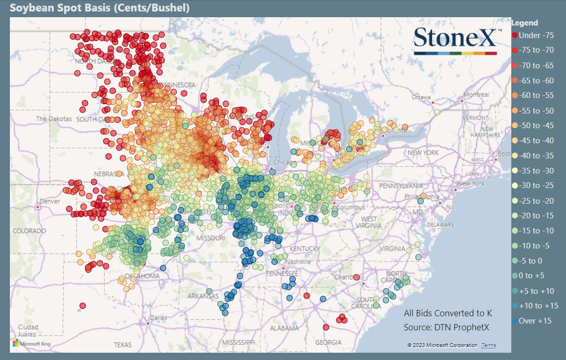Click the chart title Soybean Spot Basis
click(x=100, y=8)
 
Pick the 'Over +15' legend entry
click(x=535, y=321)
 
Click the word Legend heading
click(x=525, y=23)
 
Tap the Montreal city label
click(x=476, y=95)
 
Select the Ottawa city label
click(x=421, y=97)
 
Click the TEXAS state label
click(x=123, y=345)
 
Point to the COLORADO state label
click(x=29, y=230)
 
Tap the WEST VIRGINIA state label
click(x=368, y=222)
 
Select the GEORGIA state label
click(x=328, y=342)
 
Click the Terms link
click(x=489, y=345)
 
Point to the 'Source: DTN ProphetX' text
click(x=447, y=327)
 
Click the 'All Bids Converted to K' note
click(x=448, y=314)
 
